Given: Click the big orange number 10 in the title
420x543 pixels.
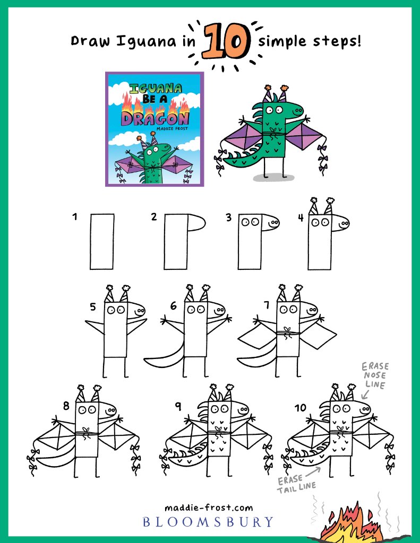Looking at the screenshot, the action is point(226,41).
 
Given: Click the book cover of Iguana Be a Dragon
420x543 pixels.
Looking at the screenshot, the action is point(155,129).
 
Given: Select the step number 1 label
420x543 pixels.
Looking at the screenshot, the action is point(74,217).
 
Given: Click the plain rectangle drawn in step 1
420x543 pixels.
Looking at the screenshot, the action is point(102,242).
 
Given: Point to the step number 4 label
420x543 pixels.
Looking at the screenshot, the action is point(301,218).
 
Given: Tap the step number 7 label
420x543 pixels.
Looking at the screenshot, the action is point(267,305).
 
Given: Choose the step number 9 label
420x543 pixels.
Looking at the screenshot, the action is point(178,406).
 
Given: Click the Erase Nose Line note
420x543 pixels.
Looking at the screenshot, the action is point(375,375).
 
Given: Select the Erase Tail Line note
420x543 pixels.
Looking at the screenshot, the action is point(296,484).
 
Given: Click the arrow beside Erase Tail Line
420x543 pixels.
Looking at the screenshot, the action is point(313,471).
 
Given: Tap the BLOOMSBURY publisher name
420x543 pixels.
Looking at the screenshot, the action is point(208,522).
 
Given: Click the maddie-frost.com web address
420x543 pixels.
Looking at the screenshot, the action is point(209,508).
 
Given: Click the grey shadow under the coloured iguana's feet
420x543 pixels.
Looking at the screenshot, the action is point(273,178).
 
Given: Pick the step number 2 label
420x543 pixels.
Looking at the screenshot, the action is point(154,217).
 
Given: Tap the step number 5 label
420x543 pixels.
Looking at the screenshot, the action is point(92,307).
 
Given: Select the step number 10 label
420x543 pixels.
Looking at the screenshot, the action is point(301,408).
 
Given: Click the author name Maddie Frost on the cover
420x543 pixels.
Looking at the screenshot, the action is point(172,128).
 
